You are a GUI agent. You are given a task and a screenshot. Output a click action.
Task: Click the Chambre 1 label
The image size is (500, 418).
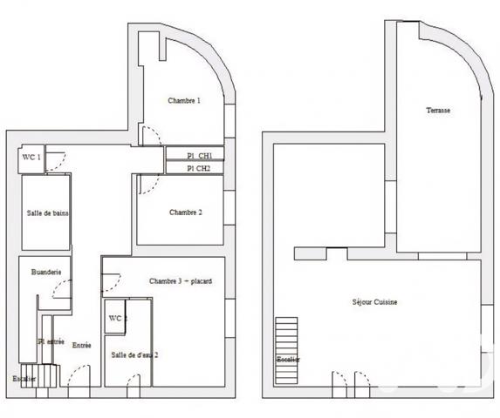(184, 101)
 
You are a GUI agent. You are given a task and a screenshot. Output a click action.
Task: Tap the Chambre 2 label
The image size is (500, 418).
(186, 212)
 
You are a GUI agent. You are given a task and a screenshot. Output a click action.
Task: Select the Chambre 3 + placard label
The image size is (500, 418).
(181, 281)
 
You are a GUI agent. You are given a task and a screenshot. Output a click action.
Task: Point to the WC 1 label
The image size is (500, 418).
(31, 158)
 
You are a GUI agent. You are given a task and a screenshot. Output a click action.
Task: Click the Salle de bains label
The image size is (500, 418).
(48, 213)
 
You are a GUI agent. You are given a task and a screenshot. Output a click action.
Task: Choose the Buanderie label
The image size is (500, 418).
(45, 273)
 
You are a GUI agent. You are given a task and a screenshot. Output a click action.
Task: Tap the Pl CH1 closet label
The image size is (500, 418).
(198, 156)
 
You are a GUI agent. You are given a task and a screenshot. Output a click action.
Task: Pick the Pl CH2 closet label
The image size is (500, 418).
(198, 168)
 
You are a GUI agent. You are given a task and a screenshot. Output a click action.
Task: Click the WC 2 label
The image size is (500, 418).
(117, 319)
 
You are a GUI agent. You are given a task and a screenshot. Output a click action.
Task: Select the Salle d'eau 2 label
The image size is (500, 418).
(134, 354)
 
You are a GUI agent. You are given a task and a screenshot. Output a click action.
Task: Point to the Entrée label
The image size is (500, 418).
(81, 346)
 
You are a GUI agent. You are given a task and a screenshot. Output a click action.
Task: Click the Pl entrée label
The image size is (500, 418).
(51, 341)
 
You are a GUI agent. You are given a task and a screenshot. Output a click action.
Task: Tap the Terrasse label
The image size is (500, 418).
(438, 111)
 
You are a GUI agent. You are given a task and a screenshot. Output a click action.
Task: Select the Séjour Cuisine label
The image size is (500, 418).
(375, 302)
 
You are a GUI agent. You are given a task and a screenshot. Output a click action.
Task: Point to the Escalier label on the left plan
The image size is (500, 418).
(24, 379)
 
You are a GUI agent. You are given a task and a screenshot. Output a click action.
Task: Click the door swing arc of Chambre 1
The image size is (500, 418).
(149, 136)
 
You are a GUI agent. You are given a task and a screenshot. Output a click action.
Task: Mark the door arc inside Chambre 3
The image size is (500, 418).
(112, 283)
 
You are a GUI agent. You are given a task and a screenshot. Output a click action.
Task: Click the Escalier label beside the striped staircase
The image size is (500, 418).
(288, 360)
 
